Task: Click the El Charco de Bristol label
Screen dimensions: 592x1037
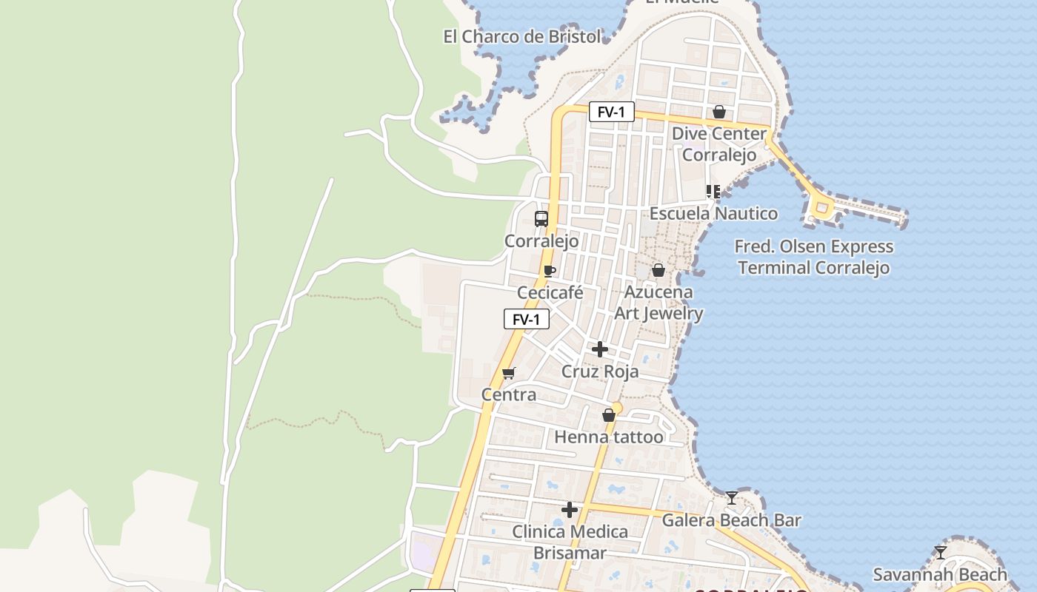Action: coord(522,36)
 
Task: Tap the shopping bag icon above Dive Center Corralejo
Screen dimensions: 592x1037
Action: coord(718,112)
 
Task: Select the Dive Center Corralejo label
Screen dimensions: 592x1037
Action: coord(718,144)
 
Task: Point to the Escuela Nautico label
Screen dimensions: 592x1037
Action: coord(713,214)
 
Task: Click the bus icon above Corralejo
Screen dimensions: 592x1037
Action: coord(541,219)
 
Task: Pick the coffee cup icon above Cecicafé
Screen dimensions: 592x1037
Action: coord(549,272)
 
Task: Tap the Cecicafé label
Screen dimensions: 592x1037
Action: coord(550,292)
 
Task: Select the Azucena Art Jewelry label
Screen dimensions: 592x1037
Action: coord(658,303)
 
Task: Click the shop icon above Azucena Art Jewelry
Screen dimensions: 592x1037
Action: coord(658,271)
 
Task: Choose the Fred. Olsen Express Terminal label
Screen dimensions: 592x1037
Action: coord(813,257)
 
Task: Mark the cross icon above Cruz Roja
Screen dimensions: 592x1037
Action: coord(600,349)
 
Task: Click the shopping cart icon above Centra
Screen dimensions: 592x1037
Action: coord(508,373)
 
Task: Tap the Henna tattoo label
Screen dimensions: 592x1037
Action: coord(609,437)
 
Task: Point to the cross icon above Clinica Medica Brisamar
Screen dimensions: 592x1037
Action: coord(570,510)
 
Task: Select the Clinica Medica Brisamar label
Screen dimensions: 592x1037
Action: coord(570,542)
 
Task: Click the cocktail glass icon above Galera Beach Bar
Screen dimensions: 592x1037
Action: coord(732,498)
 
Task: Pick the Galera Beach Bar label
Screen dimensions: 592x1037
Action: coord(731,520)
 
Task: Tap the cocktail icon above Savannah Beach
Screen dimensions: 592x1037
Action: coord(941,552)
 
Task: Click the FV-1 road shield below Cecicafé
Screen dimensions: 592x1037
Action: coord(527,320)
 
